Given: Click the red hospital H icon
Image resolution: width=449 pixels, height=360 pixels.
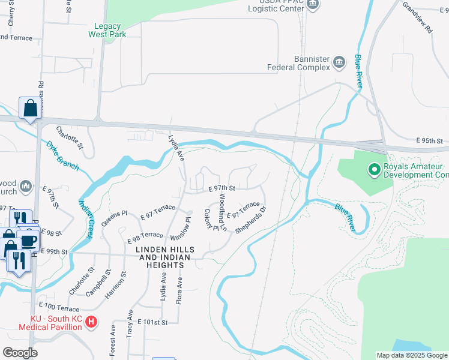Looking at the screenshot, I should [x=91, y=322].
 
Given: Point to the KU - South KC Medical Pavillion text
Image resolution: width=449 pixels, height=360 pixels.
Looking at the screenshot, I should [x=50, y=323].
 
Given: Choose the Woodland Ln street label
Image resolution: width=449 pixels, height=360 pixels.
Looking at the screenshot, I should [x=221, y=212].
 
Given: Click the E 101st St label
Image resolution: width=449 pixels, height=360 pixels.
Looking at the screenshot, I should [x=151, y=322].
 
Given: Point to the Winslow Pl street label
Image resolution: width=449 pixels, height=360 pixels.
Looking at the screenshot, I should [x=176, y=227].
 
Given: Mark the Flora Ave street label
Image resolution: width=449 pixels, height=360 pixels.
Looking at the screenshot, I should [x=179, y=290].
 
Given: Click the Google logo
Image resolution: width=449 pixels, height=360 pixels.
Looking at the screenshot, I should [x=19, y=353].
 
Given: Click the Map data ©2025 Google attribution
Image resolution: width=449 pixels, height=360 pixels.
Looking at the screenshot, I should [x=412, y=355].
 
